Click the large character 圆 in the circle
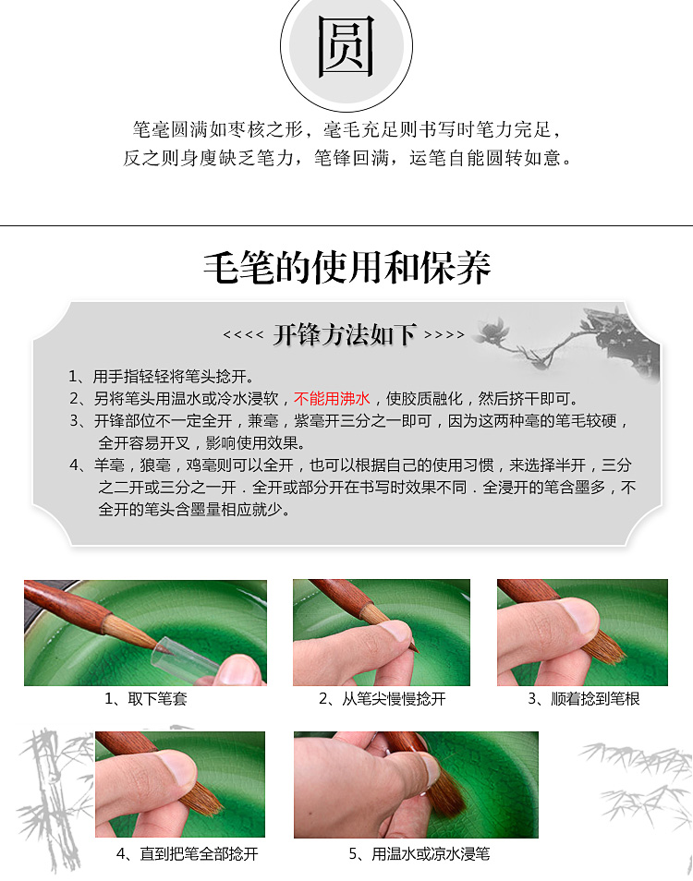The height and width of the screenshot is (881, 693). pos(346,46)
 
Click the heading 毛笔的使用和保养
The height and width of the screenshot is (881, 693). pos(346,268)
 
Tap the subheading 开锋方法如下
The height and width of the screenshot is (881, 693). pos(345,335)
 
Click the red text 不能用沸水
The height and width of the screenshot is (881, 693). pos(332,398)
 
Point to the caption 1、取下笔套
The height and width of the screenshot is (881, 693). pos(146,698)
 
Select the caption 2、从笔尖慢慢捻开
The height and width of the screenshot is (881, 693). pos(383,698)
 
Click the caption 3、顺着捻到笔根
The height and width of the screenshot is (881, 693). pos(583,698)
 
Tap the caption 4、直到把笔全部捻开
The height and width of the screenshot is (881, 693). pos(188,853)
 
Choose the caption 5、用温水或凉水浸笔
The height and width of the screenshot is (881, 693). pos(419,853)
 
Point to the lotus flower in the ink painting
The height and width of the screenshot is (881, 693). pos(492,331)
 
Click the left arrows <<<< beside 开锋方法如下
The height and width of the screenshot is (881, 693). pos(243,335)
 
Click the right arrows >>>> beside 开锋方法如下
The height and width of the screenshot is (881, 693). pos(444,335)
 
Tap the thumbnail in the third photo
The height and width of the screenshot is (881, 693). pos(578,616)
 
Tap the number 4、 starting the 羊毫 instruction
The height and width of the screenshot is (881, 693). pos(79,465)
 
